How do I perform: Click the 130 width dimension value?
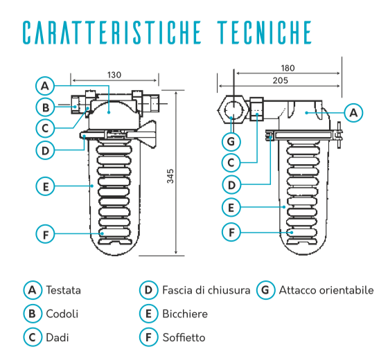pos(114,75)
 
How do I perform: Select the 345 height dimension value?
pos(170,176)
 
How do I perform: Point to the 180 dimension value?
pos(288,68)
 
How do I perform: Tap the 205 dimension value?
pos(281,80)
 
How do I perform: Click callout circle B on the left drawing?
pos(45,107)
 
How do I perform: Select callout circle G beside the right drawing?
pos(231,142)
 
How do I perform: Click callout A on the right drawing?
pos(353,113)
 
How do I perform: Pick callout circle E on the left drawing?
pos(45,186)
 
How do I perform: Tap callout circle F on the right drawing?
pos(231,232)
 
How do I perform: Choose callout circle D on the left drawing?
pos(45,150)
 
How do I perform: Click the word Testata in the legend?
pos(64,290)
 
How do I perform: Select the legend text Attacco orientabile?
pos(326,290)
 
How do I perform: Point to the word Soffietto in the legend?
pos(184,338)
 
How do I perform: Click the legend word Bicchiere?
pos(185,314)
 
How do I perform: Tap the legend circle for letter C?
pos(33,337)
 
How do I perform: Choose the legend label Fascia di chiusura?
pos(206,290)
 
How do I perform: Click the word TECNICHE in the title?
pos(264,33)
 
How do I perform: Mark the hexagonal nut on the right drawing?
pos(233,110)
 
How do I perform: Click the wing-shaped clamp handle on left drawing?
pos(145,134)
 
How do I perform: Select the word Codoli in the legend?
pos(62,314)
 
